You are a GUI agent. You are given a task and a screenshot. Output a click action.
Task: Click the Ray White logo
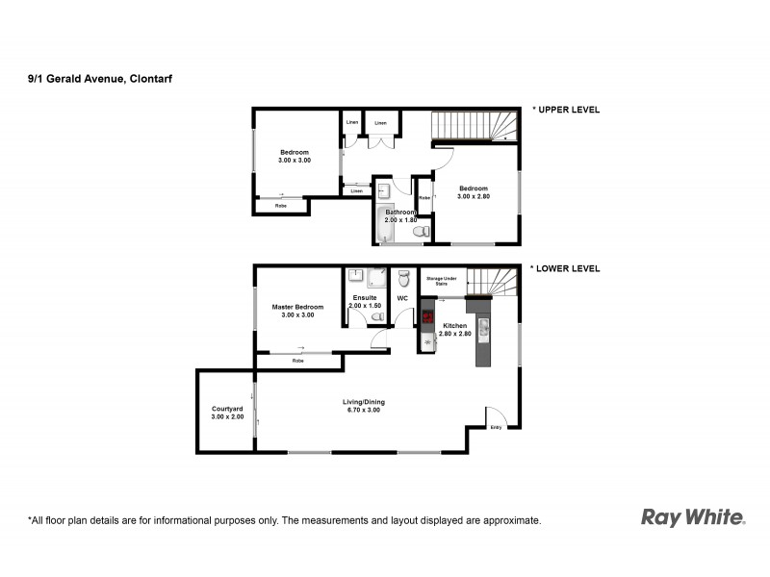pyautogui.click(x=693, y=517)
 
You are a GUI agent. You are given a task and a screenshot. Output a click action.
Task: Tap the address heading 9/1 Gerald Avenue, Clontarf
pyautogui.click(x=101, y=80)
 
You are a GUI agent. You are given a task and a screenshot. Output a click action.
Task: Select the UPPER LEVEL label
pyautogui.click(x=568, y=110)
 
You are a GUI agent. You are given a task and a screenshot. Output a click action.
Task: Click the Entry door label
pyautogui.click(x=497, y=426)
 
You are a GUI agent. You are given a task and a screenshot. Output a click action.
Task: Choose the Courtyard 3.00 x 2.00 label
pyautogui.click(x=225, y=414)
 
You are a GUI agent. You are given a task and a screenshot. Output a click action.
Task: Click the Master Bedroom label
pyautogui.click(x=296, y=311)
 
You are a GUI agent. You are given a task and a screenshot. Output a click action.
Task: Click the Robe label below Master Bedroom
pyautogui.click(x=297, y=361)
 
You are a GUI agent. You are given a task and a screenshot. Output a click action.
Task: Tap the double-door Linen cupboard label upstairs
pyautogui.click(x=381, y=123)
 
